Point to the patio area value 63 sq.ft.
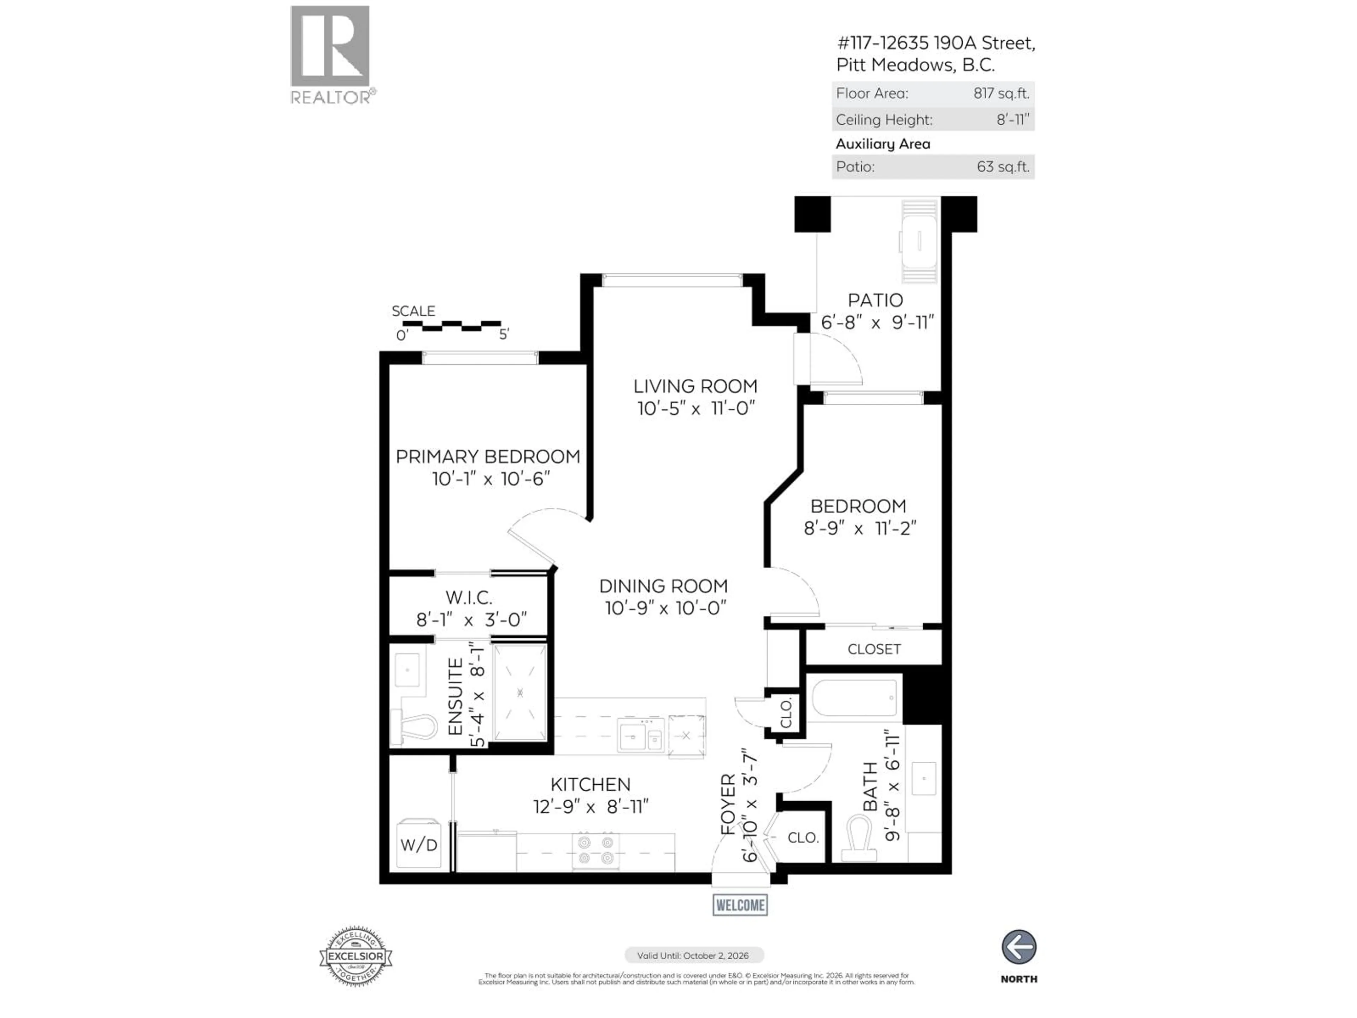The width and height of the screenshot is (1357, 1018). point(1003,167)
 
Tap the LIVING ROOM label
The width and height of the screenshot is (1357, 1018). point(695,387)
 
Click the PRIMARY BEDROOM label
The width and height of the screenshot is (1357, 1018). point(488,457)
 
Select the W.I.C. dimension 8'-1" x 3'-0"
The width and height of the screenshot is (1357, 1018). point(471,620)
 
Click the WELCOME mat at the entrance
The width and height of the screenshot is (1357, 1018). point(740,905)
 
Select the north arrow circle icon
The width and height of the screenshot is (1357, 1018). point(1019,947)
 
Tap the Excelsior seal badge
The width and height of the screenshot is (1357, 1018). point(356,956)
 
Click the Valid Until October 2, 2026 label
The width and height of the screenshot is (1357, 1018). point(693,955)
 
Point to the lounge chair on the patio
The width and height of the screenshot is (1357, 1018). point(918,241)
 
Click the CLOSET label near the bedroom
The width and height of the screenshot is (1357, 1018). point(874,649)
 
